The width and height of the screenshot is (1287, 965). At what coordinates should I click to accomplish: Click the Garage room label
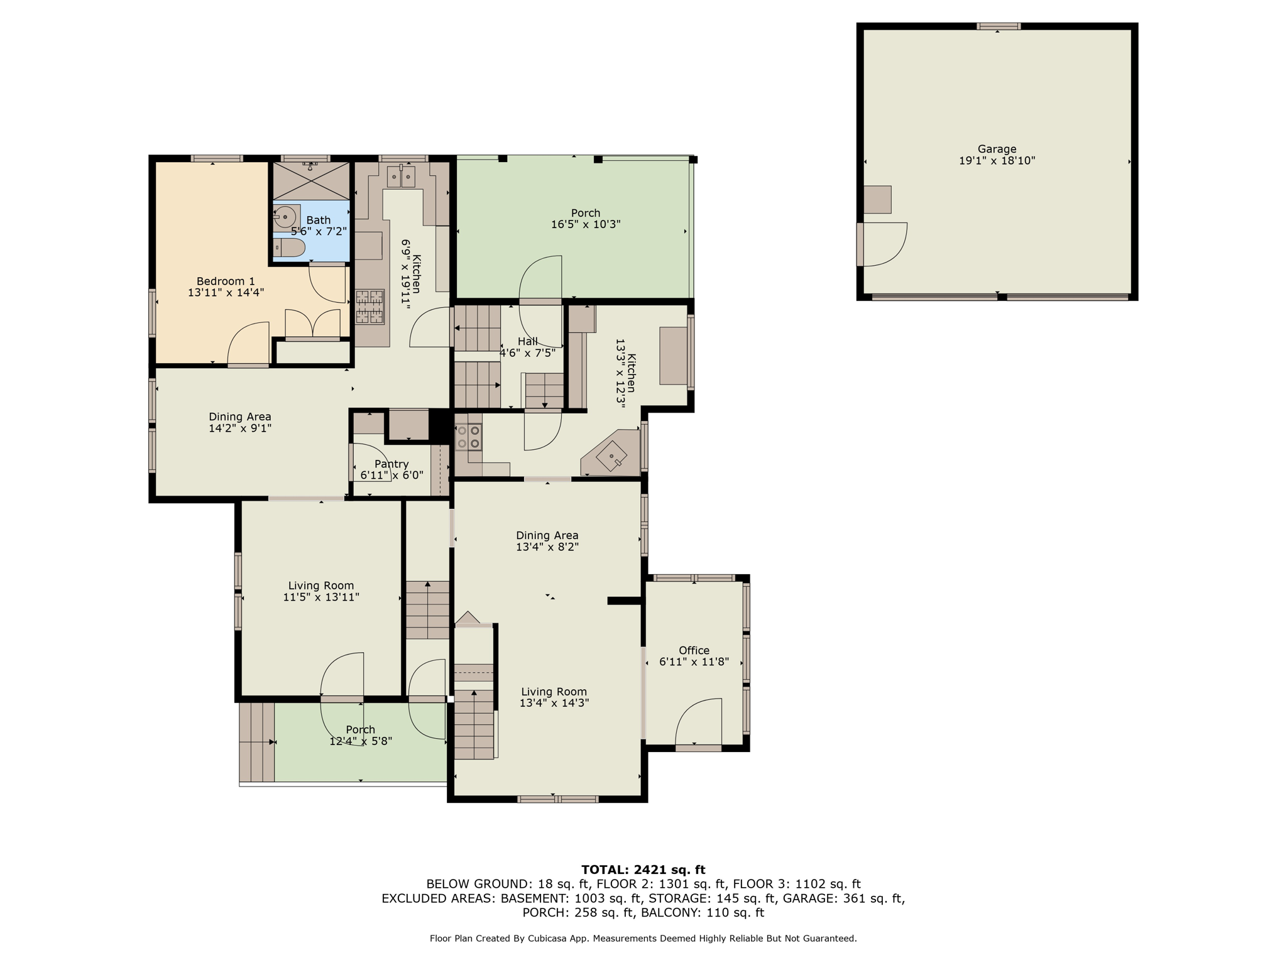click(997, 149)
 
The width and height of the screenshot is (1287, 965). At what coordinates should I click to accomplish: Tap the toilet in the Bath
click(289, 248)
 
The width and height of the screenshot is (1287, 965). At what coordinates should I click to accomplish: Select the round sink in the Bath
click(286, 217)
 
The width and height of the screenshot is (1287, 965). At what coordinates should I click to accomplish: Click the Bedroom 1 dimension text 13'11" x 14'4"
click(226, 292)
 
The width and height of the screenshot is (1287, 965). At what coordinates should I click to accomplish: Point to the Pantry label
click(392, 464)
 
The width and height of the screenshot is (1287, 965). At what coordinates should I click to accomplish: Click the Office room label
click(694, 650)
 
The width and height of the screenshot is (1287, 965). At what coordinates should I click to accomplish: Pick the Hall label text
click(527, 341)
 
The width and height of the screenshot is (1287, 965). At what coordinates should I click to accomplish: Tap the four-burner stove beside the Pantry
click(468, 437)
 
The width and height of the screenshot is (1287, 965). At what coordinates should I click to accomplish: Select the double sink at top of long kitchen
click(401, 177)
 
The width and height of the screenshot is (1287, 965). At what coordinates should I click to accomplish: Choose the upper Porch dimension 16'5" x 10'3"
click(586, 224)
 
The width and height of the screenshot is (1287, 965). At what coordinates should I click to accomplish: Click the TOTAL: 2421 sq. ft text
click(643, 870)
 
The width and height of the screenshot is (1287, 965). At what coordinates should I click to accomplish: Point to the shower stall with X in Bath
click(310, 181)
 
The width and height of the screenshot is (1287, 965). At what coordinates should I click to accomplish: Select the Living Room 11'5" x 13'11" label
click(321, 591)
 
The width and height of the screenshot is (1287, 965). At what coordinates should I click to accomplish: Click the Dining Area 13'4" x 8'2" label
click(547, 541)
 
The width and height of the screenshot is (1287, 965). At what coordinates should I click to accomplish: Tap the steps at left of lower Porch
click(256, 742)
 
